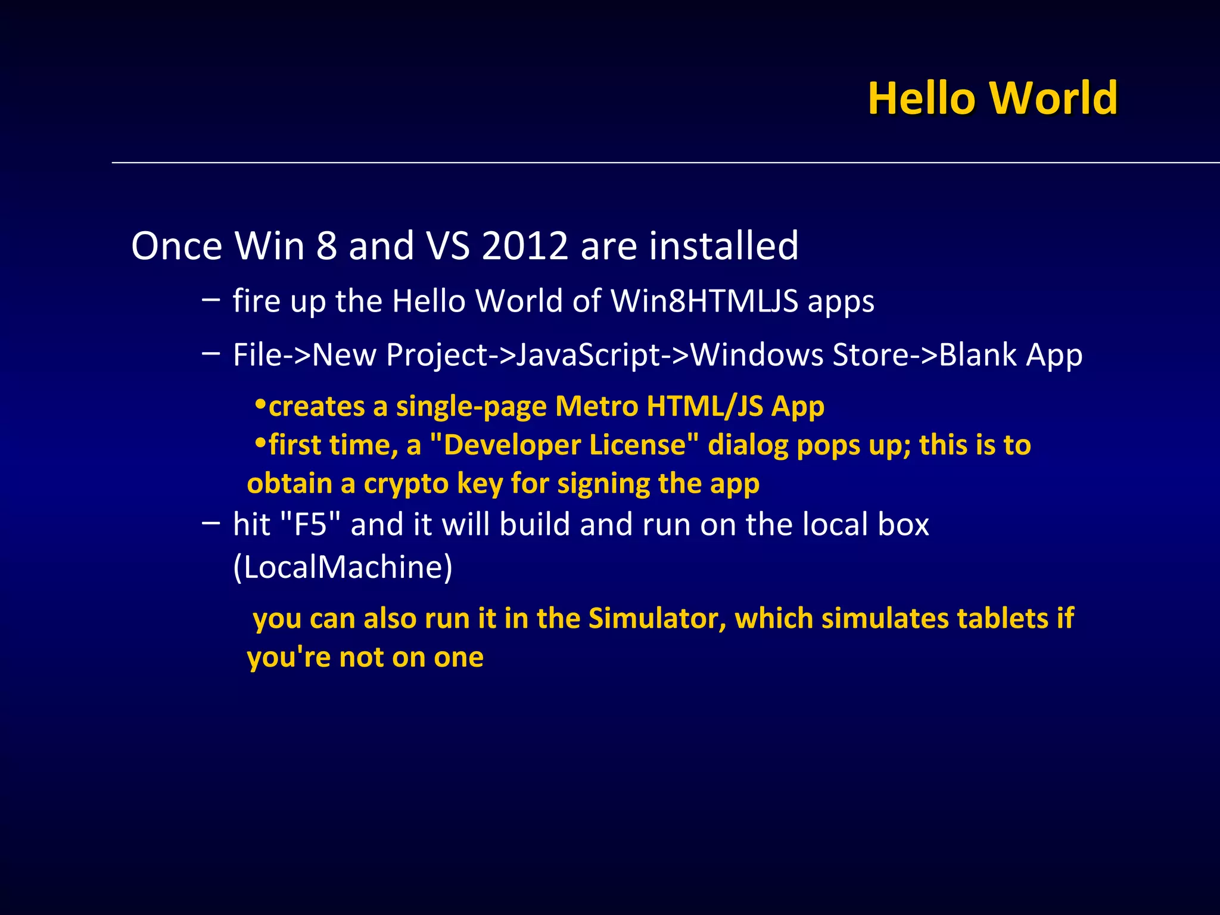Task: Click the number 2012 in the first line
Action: (x=524, y=246)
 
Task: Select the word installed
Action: (x=723, y=246)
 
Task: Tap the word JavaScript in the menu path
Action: (x=587, y=356)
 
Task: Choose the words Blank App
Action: (x=1010, y=356)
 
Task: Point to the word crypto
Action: (x=406, y=484)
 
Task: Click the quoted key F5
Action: (x=310, y=525)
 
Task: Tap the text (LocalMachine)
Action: (x=343, y=567)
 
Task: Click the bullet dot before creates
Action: (x=260, y=405)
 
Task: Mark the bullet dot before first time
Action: (x=260, y=444)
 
